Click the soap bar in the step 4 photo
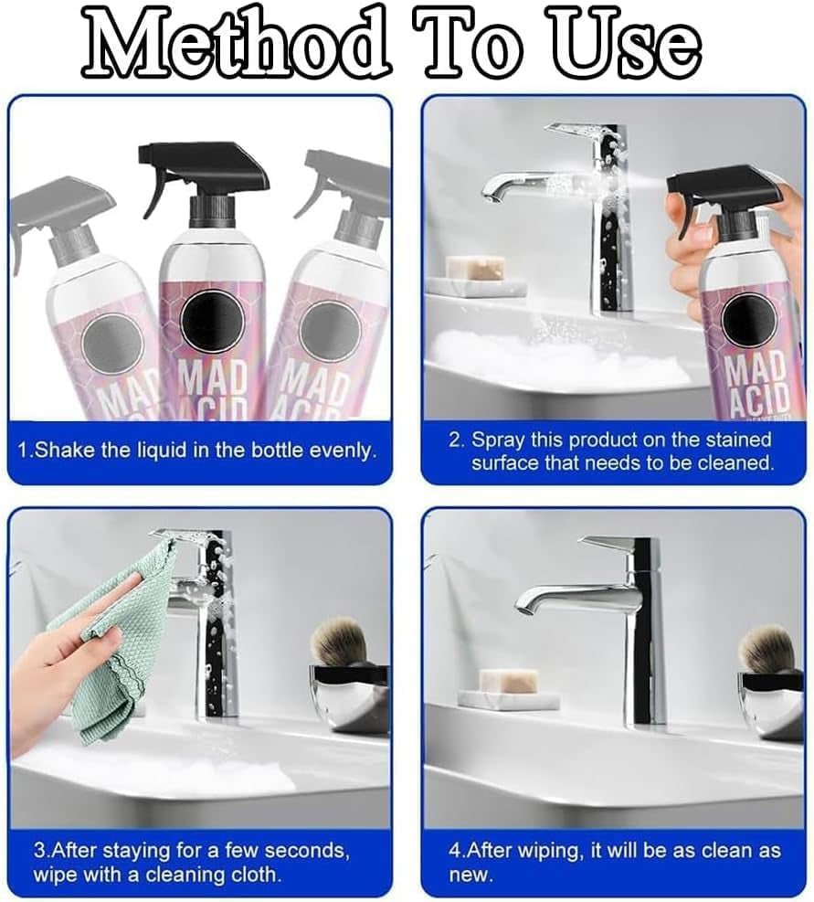(508, 680)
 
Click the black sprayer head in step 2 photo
(722, 192)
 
